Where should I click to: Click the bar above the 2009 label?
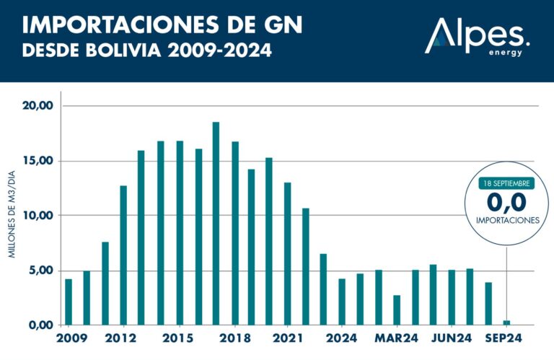point(69,302)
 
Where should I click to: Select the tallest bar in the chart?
point(215,224)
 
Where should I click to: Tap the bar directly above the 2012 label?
point(123,255)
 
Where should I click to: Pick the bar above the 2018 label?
point(234,233)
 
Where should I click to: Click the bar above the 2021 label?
point(288,253)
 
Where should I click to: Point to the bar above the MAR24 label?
point(397,309)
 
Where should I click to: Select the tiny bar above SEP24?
point(506,322)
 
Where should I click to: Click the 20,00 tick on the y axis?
point(38,106)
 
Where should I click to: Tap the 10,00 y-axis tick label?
point(38,216)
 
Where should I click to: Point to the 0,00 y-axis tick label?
point(40,325)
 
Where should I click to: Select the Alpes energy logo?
point(478,36)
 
